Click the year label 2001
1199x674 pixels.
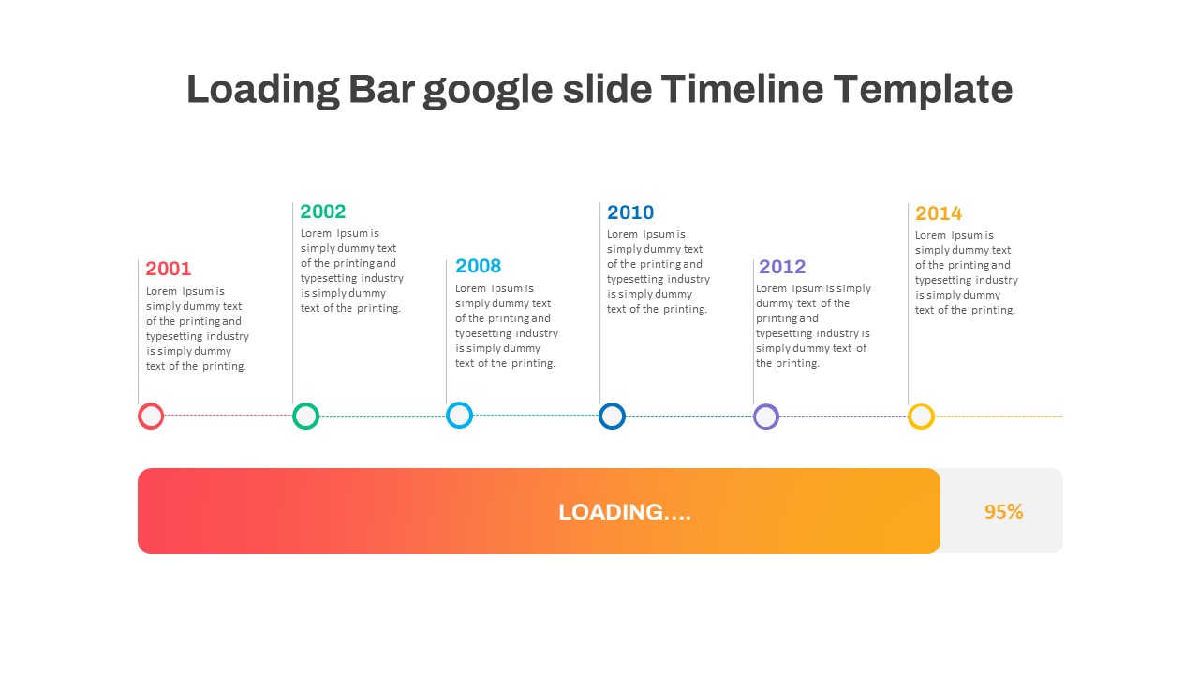(x=169, y=269)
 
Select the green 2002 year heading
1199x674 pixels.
(x=323, y=212)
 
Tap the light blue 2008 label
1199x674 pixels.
(x=479, y=266)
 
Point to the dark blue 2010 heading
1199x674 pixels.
(x=630, y=212)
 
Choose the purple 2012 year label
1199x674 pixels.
(x=782, y=267)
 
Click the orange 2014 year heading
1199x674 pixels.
(x=939, y=213)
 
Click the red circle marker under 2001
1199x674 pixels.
(x=151, y=417)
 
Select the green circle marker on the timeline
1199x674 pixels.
(x=305, y=417)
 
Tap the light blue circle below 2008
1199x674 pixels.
(x=459, y=416)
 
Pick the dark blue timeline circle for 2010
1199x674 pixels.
(x=612, y=417)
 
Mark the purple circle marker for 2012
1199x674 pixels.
(x=766, y=417)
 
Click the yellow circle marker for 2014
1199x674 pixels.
(x=921, y=417)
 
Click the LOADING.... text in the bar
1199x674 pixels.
(x=625, y=512)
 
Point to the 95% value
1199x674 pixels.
(x=1003, y=512)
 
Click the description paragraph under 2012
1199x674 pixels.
(x=813, y=326)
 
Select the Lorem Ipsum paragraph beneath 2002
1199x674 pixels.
(x=351, y=271)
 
